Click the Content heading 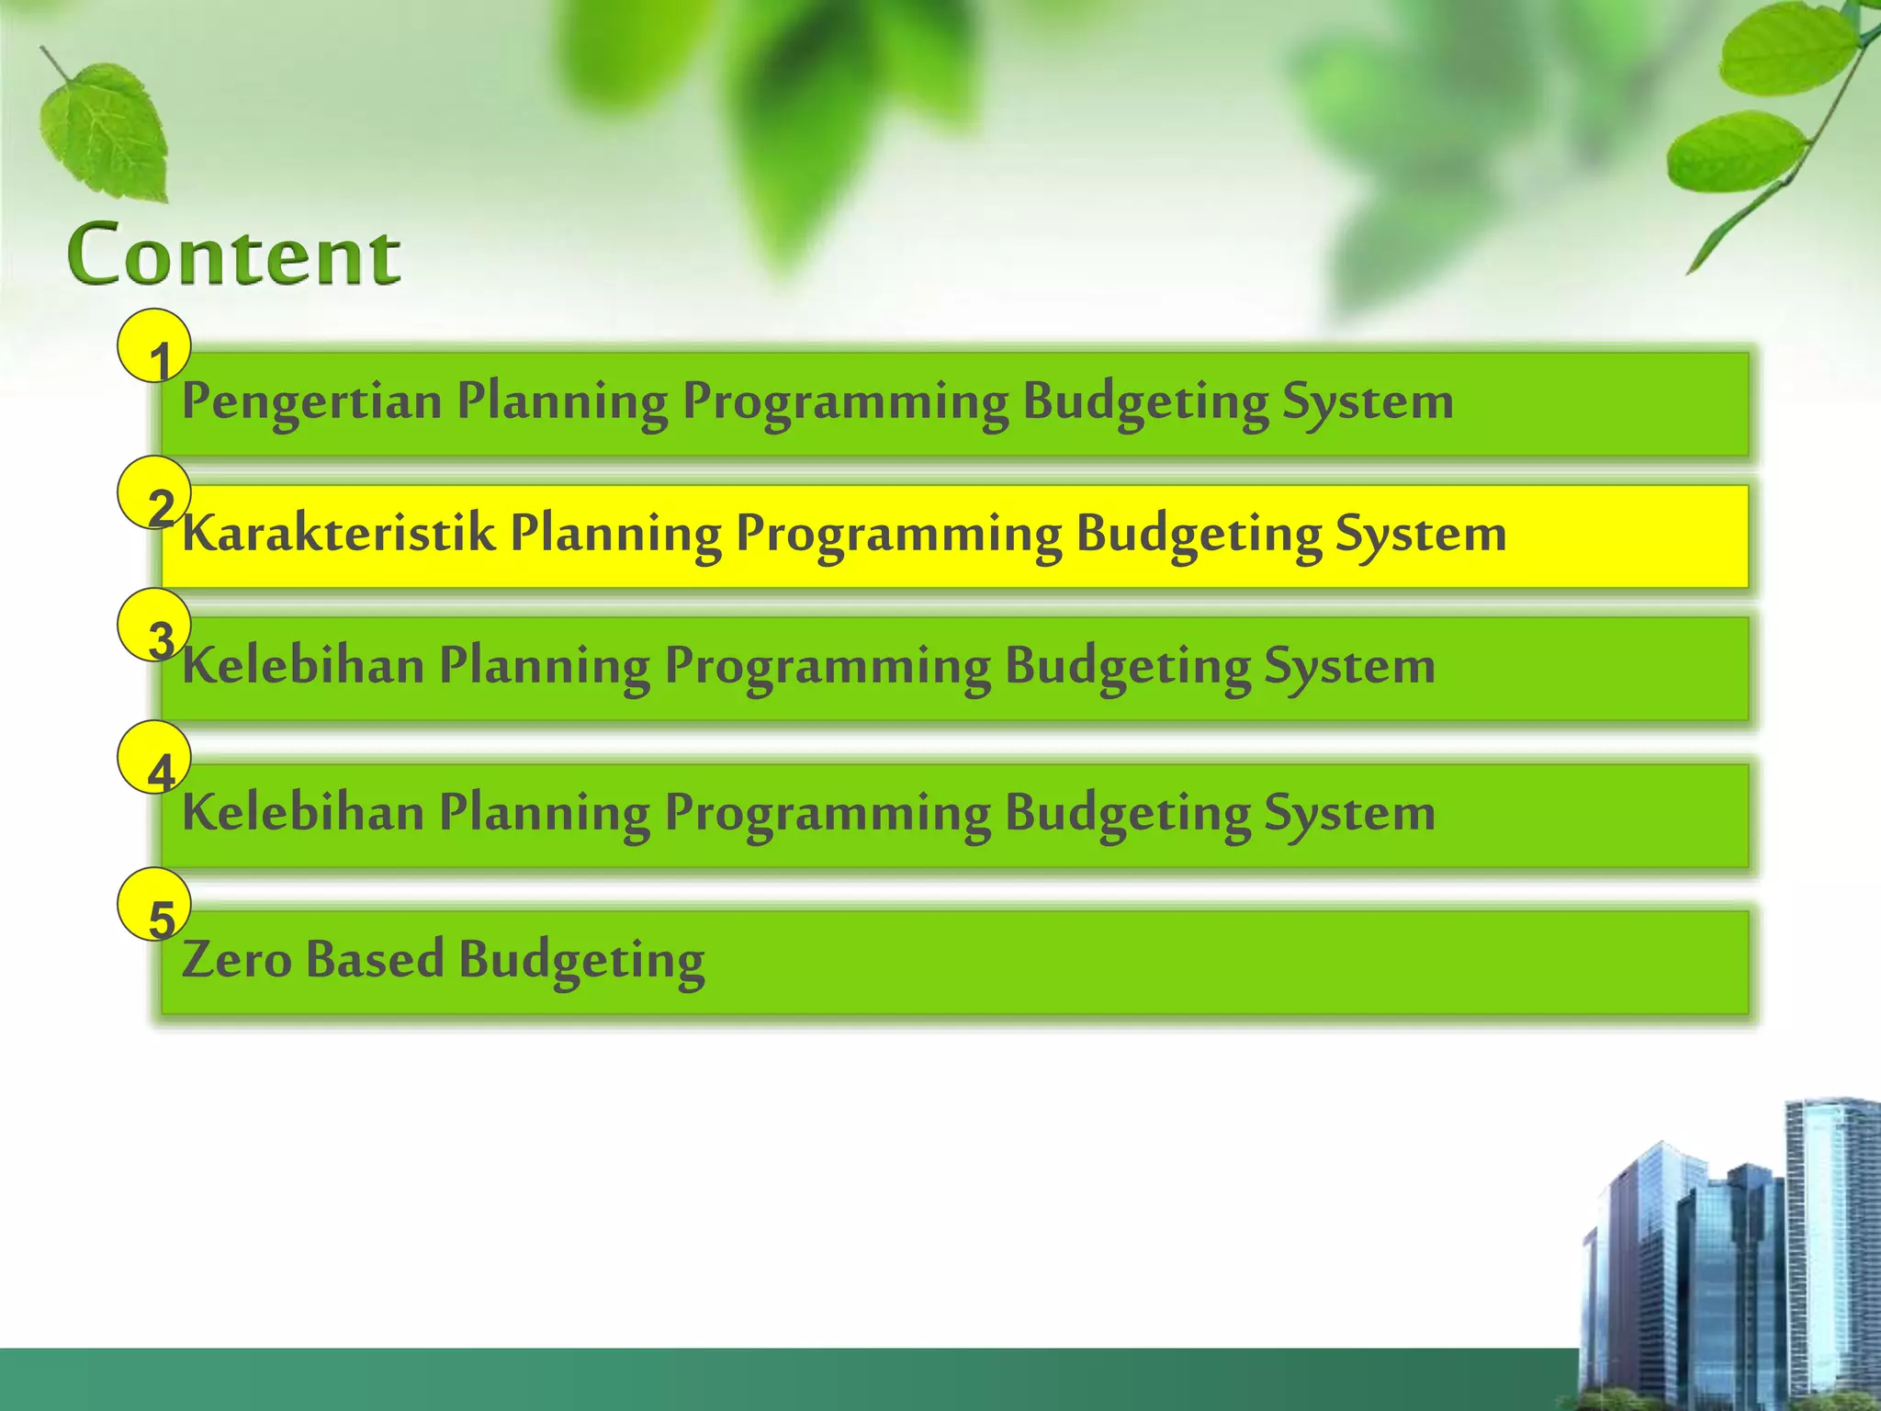tap(234, 254)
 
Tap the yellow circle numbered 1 tap(154, 346)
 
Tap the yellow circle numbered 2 tap(154, 493)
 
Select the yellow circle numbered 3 tap(154, 626)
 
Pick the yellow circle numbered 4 tap(154, 758)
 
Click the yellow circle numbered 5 tap(154, 905)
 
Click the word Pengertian tap(311, 402)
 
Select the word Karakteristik tap(338, 534)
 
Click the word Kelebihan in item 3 tap(303, 665)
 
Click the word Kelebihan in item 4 tap(303, 812)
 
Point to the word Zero tap(236, 959)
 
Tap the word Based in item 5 tap(375, 959)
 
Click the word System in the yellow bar tap(1420, 534)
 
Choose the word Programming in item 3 tap(828, 665)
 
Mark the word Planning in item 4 tap(545, 812)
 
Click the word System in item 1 tap(1368, 402)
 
